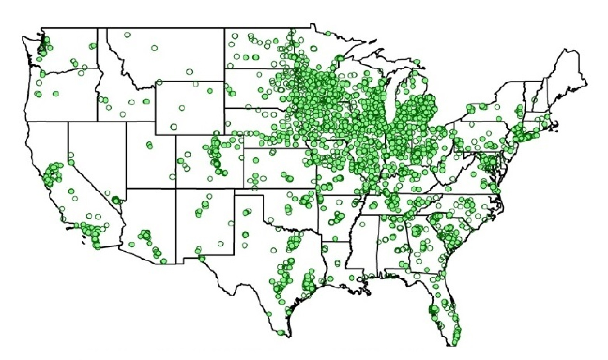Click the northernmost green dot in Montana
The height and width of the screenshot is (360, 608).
coord(127,35)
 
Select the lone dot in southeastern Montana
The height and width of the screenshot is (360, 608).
coord(190,71)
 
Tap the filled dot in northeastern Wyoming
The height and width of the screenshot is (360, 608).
coord(209,91)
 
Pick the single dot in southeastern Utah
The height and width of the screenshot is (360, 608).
coord(172,177)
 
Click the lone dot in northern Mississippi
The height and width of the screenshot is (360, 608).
coord(373,206)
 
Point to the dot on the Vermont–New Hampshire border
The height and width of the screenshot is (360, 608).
coord(534,100)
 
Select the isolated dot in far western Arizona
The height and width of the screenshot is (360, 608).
coord(132,244)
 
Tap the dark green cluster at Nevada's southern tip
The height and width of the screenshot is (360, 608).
coord(117,200)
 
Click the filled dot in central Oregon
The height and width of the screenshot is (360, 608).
coord(56,94)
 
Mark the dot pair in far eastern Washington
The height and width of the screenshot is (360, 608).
coord(93,46)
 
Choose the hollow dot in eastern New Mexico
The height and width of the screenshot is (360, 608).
coord(231,223)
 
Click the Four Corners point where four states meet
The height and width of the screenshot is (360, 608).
coord(176,188)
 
